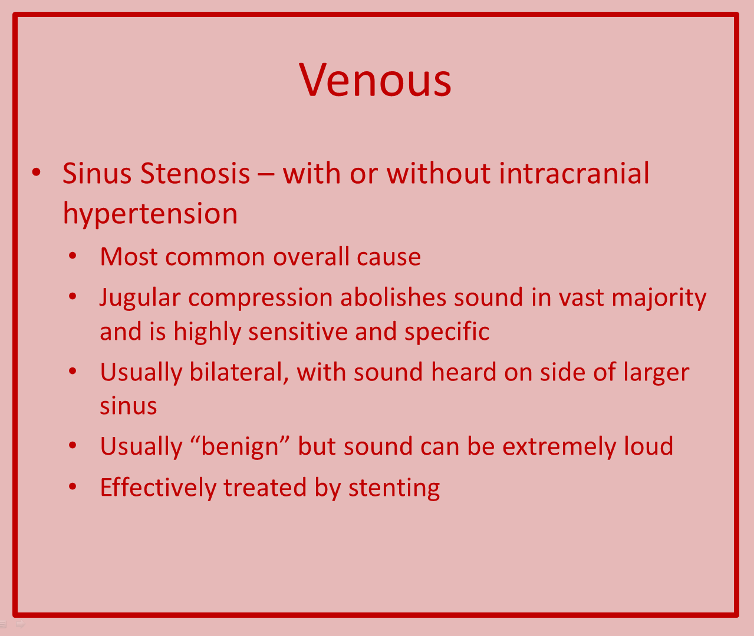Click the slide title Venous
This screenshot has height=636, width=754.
pos(375,79)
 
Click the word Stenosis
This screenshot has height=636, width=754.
pos(195,174)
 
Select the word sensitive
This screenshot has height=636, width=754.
pos(298,331)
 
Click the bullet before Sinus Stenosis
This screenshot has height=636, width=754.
pos(36,172)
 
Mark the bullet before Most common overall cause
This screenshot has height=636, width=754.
pos(73,256)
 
